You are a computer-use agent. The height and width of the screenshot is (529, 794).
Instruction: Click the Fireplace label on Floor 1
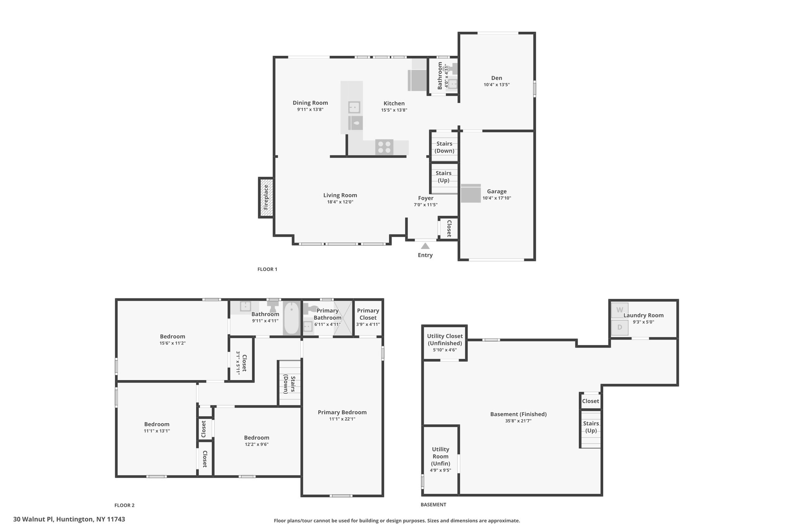click(266, 197)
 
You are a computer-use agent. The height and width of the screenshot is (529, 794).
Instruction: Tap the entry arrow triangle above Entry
click(425, 246)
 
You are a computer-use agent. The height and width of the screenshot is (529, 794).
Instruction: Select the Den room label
click(497, 78)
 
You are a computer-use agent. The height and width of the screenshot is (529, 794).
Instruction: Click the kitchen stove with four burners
click(384, 147)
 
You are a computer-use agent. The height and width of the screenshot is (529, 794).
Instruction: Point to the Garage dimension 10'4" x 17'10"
click(497, 198)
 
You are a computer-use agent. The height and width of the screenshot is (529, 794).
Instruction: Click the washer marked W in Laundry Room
click(620, 310)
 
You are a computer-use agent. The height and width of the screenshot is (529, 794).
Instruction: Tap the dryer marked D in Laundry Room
click(620, 327)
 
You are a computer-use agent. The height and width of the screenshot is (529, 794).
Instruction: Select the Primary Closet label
click(368, 314)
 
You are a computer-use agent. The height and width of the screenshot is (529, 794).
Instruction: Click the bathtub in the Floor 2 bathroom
click(291, 318)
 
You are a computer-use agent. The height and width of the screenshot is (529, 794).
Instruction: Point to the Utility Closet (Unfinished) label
click(445, 339)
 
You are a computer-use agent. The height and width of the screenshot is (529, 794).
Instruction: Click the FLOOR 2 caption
click(124, 505)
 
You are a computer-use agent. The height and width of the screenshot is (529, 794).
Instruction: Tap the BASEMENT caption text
click(433, 505)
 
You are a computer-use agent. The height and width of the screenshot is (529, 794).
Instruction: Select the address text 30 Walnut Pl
click(34, 519)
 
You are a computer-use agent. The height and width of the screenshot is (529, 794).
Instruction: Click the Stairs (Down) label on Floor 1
click(444, 147)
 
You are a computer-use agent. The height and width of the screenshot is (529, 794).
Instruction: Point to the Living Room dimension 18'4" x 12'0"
click(340, 202)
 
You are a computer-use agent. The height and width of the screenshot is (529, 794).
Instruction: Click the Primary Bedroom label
click(342, 412)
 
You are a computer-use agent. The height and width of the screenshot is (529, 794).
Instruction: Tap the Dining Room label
click(310, 103)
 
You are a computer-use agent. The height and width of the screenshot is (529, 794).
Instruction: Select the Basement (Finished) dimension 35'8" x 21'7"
click(518, 421)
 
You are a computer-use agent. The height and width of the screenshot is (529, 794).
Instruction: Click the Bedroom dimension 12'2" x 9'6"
click(257, 445)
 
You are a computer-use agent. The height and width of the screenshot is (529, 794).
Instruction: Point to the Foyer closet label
click(449, 229)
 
